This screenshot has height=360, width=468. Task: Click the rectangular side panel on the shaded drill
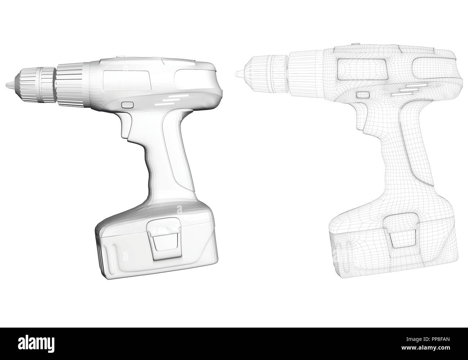[127, 81]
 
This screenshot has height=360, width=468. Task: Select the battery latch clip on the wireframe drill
[400, 232]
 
